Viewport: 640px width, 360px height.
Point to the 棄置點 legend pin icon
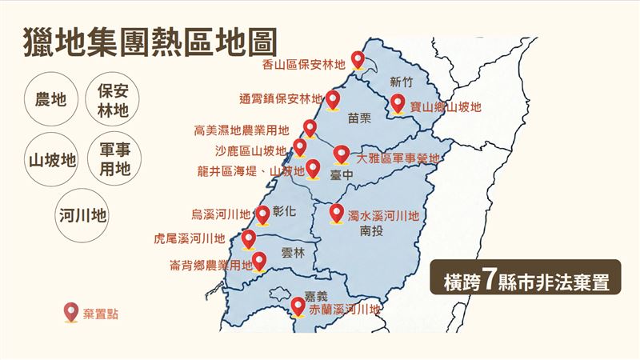pyautogui.click(x=70, y=312)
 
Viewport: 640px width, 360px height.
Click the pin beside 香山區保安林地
pyautogui.click(x=358, y=59)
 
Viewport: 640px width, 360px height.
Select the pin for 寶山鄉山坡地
pyautogui.click(x=397, y=103)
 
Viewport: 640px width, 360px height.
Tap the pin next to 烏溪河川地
pyautogui.click(x=263, y=214)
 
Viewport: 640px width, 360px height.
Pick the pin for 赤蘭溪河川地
pyautogui.click(x=298, y=306)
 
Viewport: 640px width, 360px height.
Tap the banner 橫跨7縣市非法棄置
pyautogui.click(x=525, y=281)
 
